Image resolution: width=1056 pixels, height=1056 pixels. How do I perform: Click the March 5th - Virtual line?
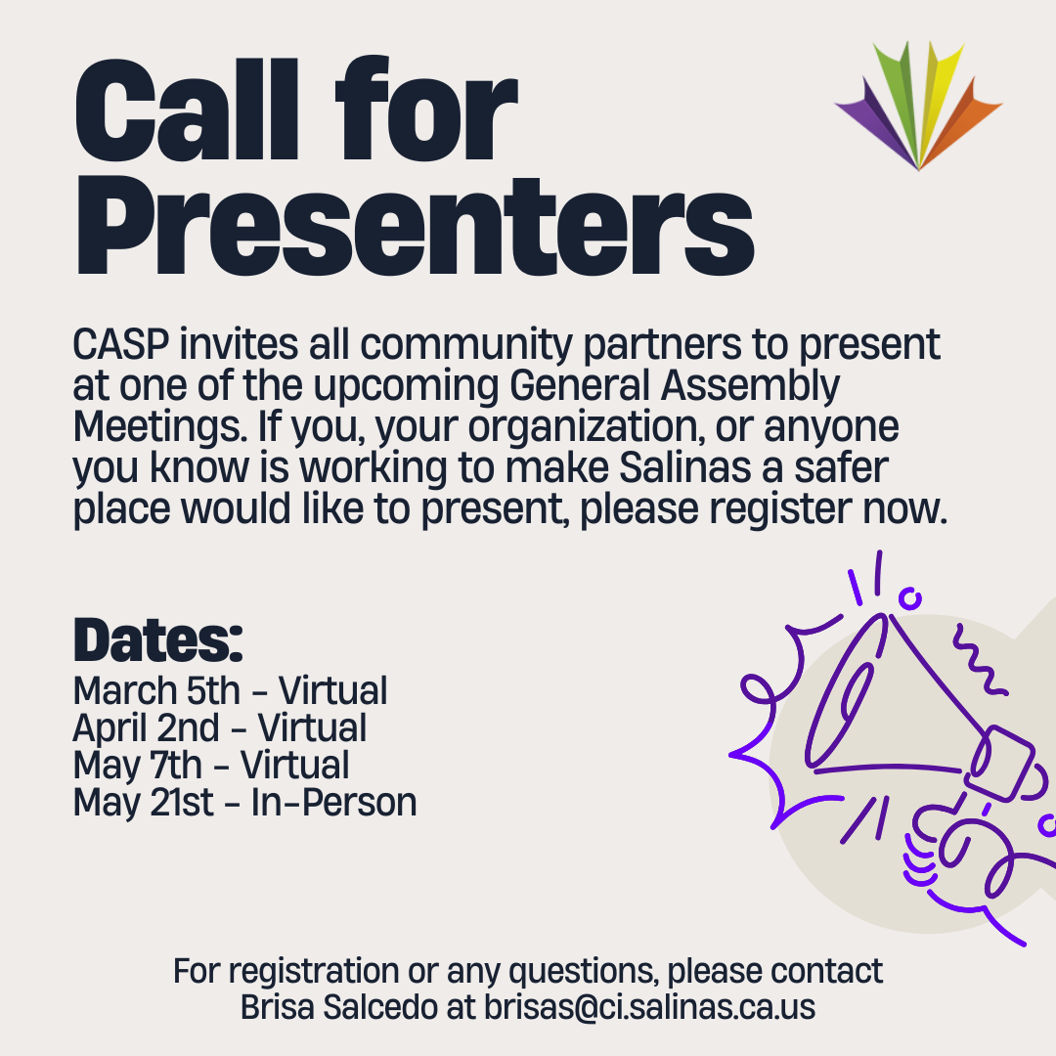point(230,690)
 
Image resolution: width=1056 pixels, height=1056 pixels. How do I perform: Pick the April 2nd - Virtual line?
point(220,727)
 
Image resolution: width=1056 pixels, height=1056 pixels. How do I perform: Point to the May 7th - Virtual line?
point(211,765)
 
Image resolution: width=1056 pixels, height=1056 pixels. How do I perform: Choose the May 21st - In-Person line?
point(244,802)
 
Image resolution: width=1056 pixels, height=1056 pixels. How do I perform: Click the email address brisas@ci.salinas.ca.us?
point(650,1007)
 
